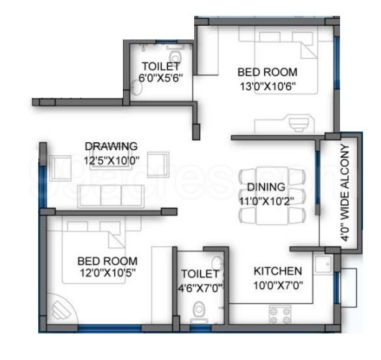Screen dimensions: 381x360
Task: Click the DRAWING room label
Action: click(x=111, y=147)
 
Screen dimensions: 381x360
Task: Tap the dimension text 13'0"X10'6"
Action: click(x=267, y=86)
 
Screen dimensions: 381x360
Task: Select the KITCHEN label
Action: click(x=277, y=271)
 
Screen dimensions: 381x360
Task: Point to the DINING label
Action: click(x=266, y=187)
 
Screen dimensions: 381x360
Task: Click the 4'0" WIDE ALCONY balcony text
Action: click(x=346, y=193)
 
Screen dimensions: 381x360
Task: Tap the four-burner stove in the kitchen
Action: click(x=280, y=315)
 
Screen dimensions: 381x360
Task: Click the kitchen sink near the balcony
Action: click(x=323, y=264)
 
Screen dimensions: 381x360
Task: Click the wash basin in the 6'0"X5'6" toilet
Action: click(x=137, y=88)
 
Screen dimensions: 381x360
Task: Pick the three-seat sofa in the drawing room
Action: click(x=111, y=196)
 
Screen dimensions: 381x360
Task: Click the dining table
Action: click(x=272, y=195)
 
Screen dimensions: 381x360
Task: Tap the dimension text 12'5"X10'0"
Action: click(x=111, y=160)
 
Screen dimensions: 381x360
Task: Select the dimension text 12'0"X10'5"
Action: click(x=108, y=273)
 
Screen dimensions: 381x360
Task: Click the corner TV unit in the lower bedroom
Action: click(x=61, y=310)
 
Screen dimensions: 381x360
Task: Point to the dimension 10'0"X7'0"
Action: click(x=278, y=285)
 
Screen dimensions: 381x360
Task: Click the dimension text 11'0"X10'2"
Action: click(x=267, y=201)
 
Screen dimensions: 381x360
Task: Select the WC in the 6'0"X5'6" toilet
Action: click(x=175, y=56)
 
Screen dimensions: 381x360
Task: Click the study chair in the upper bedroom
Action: click(x=299, y=123)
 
